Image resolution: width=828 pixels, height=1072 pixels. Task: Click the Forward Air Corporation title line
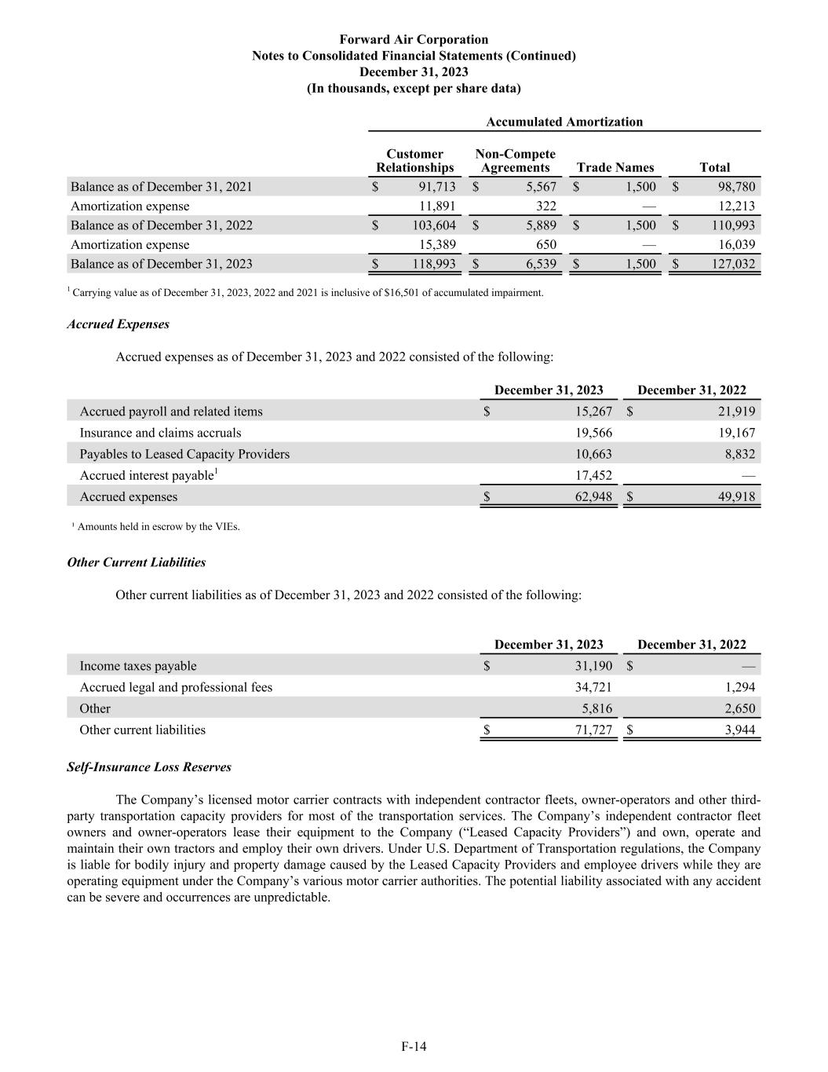point(414,39)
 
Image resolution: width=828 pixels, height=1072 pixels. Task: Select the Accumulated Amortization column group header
point(564,122)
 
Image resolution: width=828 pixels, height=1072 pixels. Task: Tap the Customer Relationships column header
point(414,161)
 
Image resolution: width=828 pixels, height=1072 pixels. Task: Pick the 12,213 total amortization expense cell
point(737,206)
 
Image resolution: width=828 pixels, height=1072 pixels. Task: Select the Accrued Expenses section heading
point(118,324)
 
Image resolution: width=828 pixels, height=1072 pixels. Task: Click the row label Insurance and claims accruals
point(160,433)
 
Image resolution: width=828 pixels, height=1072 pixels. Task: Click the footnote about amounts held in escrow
point(157,527)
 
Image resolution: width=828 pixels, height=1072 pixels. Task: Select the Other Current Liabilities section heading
point(137,562)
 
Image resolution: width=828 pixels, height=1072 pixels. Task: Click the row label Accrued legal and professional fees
point(176,687)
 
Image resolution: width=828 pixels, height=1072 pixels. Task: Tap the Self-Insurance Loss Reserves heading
point(149,766)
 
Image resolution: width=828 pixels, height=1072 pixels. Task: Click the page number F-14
point(414,1046)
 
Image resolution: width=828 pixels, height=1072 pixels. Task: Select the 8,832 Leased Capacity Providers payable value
point(741,454)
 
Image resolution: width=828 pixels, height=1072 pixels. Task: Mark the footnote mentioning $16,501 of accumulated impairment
point(306,293)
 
